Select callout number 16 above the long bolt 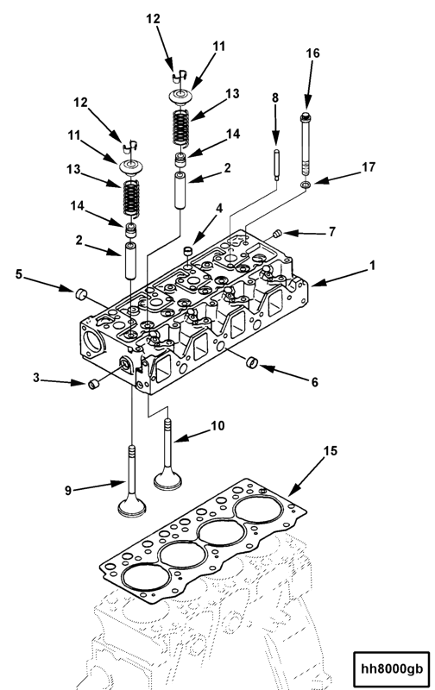312,53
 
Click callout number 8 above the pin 275,99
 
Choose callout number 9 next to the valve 66,491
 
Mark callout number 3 36,377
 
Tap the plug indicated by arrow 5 81,296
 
